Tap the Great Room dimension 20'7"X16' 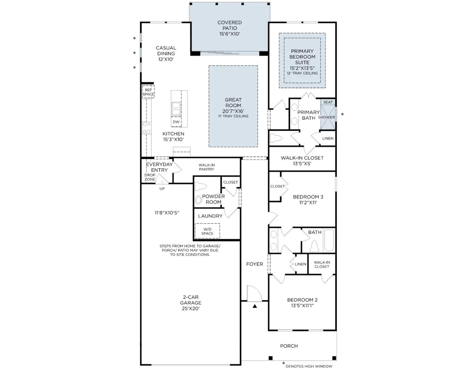(x=233, y=111)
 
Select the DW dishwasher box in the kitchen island (x=176, y=122)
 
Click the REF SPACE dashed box (x=148, y=92)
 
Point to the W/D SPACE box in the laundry (x=207, y=231)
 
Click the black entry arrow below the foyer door (x=255, y=306)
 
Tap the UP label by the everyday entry (x=162, y=189)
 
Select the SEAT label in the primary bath (x=328, y=102)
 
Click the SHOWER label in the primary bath (x=326, y=117)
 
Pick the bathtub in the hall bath (x=329, y=240)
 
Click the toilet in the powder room (x=201, y=186)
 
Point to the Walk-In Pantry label (x=207, y=167)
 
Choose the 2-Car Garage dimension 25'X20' (x=191, y=308)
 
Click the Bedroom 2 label (x=302, y=300)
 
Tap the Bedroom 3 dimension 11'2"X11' (x=308, y=203)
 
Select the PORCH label (x=289, y=346)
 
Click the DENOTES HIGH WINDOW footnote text (x=309, y=366)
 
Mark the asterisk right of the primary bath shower (x=342, y=114)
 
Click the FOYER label (x=255, y=264)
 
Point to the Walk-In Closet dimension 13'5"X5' (x=302, y=164)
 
